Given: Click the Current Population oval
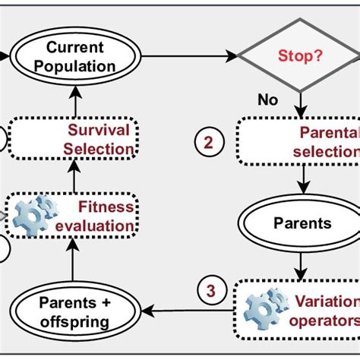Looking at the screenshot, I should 74,56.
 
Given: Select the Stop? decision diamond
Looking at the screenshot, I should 298,55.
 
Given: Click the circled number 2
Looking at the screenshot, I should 210,141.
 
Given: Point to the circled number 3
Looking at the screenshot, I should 210,290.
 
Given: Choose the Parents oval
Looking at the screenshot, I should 303,224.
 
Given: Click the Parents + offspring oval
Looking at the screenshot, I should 75,311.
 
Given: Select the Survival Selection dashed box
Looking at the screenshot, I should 74,140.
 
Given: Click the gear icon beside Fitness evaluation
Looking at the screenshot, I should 35,215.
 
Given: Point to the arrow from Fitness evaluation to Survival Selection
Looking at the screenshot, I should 74,179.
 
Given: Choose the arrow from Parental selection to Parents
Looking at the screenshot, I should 304,180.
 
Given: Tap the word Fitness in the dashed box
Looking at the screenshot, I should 106,207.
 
